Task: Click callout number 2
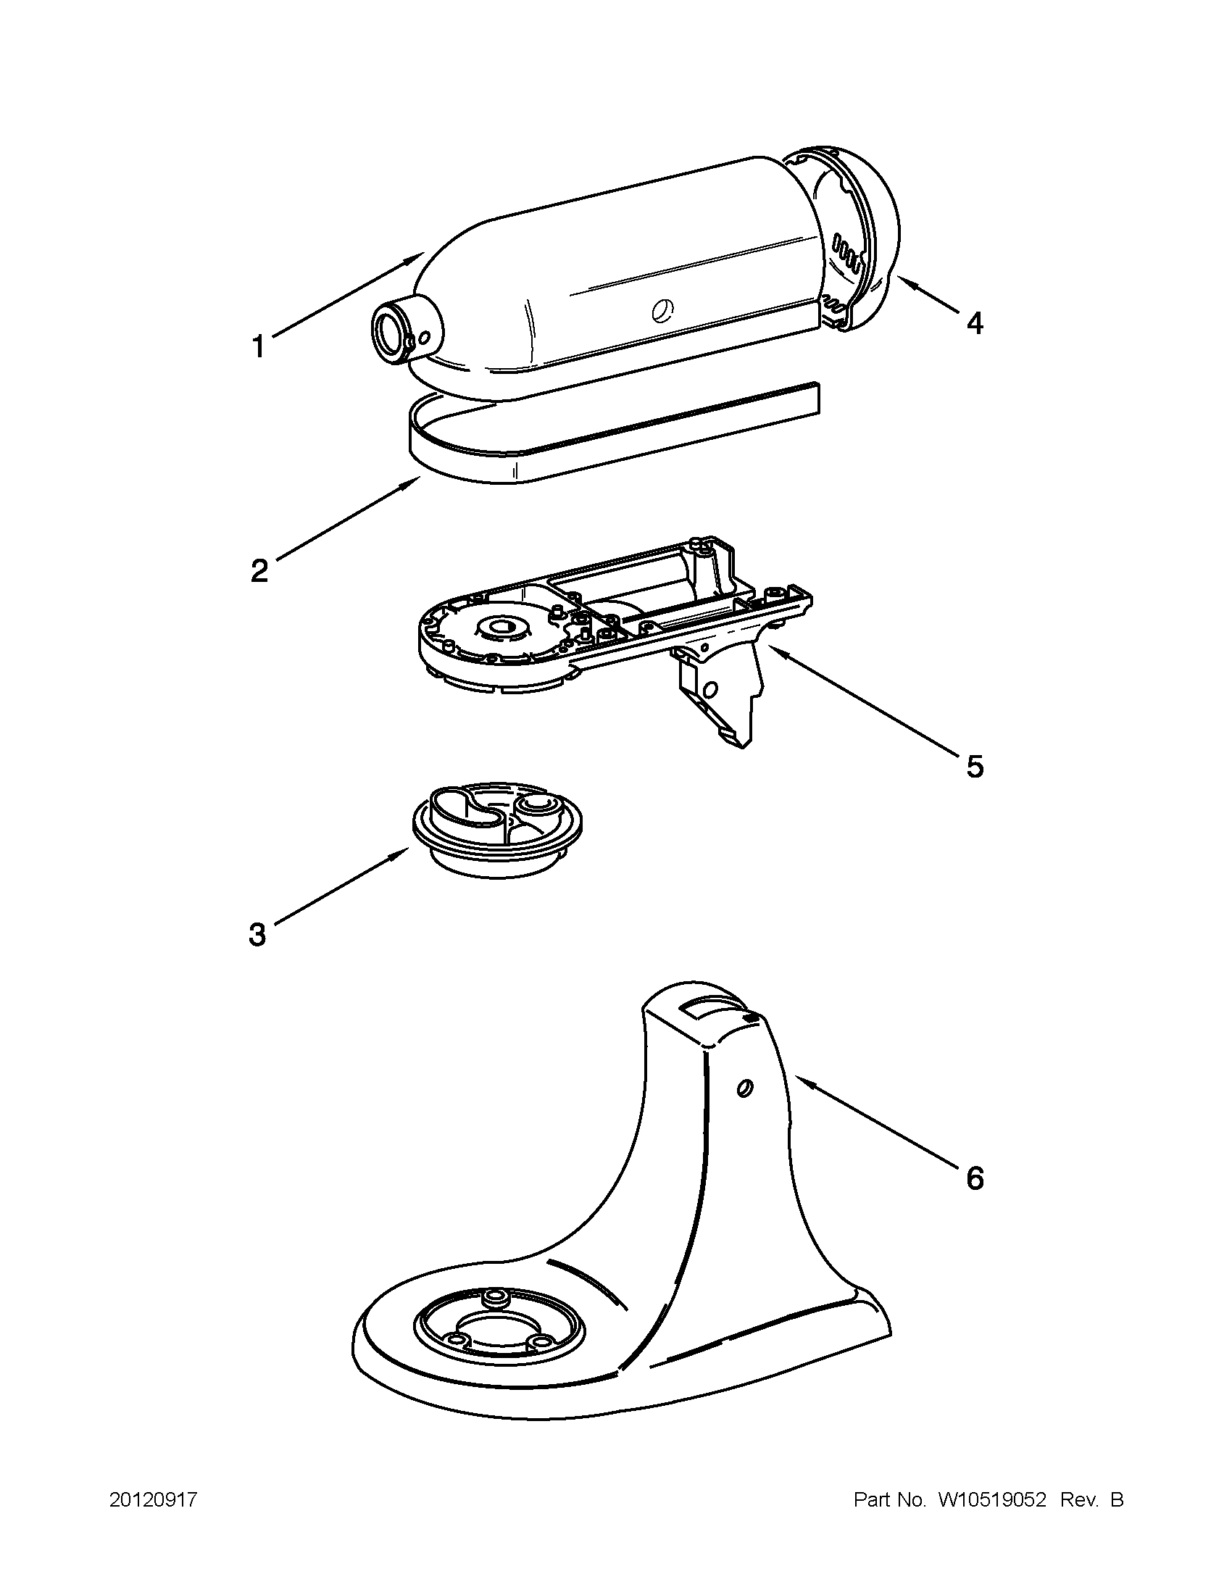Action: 259,570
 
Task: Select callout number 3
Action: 257,934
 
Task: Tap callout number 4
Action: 974,322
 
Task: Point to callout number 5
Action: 974,767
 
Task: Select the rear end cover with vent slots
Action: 862,238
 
